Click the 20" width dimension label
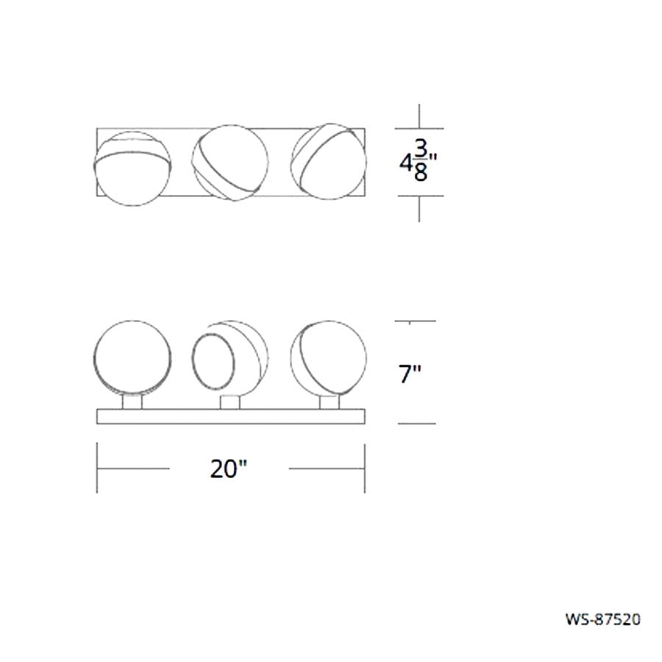click(229, 469)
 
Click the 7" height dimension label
click(410, 374)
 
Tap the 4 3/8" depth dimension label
click(419, 163)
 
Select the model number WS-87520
click(603, 619)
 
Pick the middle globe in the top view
click(230, 163)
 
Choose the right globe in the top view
click(329, 161)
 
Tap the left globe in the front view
click(132, 358)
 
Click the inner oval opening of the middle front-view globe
click(213, 361)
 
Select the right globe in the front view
click(329, 358)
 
